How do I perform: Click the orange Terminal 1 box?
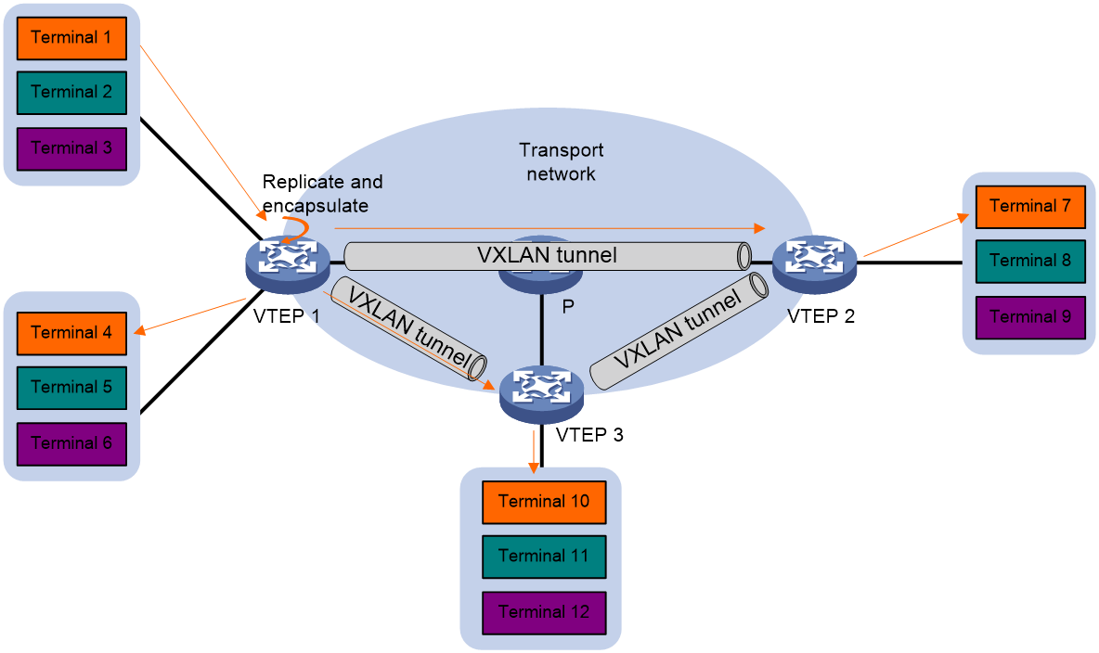71,39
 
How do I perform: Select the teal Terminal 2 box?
71,93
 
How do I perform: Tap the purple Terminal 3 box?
71,148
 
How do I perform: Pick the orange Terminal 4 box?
71,333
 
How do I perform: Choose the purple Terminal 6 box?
71,444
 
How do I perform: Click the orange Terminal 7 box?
1030,207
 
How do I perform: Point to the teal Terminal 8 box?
1030,262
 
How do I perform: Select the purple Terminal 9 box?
1030,317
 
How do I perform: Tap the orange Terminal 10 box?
544,503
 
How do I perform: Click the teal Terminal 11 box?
544,557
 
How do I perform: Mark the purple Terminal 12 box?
544,613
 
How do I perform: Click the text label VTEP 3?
589,435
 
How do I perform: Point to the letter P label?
568,306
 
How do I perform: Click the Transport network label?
561,161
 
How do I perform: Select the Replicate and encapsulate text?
322,193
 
